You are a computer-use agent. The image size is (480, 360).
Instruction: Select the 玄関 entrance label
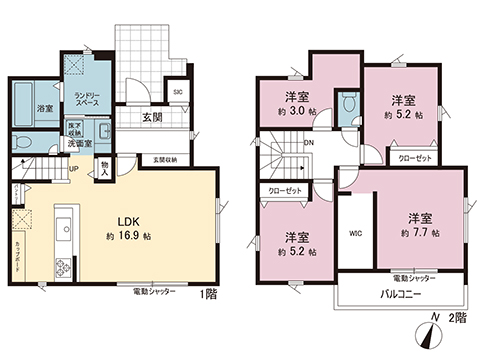(153, 118)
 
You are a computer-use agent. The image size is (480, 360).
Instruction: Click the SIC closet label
(178, 93)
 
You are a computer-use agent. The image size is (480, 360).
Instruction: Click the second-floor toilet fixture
(347, 105)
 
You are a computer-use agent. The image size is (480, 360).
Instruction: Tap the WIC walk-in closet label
(355, 236)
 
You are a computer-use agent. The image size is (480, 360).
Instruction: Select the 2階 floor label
(458, 318)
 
